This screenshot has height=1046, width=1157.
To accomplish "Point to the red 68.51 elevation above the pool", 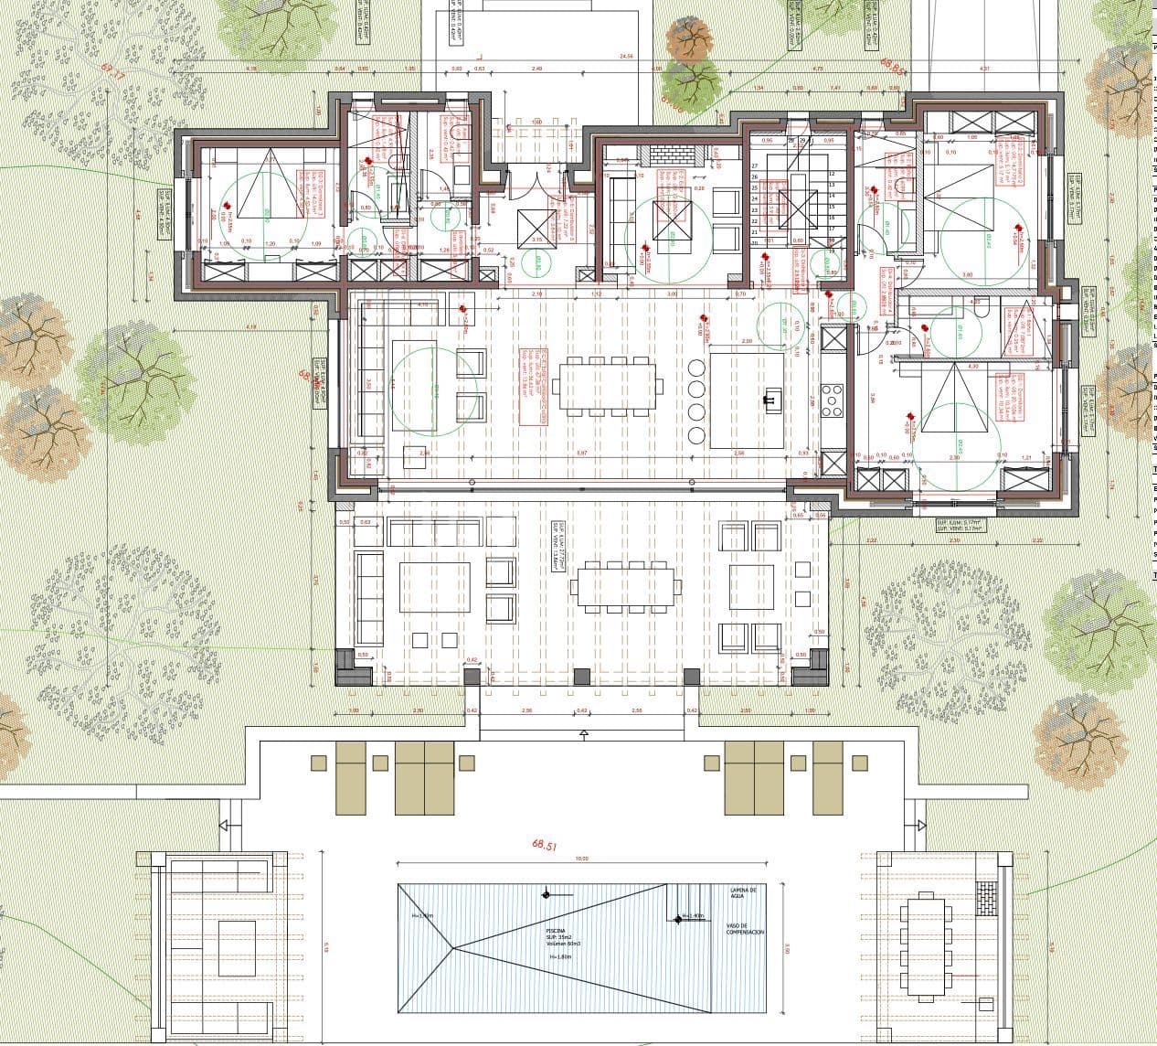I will [544, 846].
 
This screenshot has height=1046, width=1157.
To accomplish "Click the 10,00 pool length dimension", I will [581, 859].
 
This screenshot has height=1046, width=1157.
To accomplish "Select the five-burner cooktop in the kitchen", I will [833, 400].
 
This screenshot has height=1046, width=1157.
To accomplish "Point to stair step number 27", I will [755, 166].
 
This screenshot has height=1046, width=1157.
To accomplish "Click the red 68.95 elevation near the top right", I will [893, 67].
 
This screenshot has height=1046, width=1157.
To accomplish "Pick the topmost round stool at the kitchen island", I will [695, 368].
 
